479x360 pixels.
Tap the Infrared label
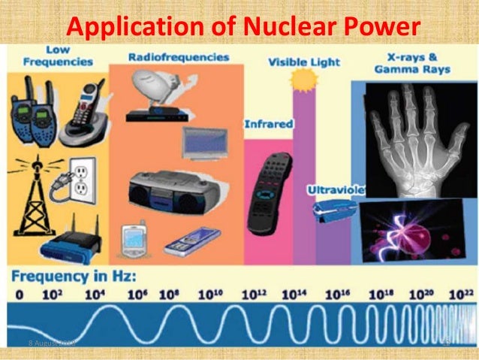(x=267, y=124)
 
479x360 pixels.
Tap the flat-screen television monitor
(x=204, y=141)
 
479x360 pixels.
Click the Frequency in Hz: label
(x=72, y=276)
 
